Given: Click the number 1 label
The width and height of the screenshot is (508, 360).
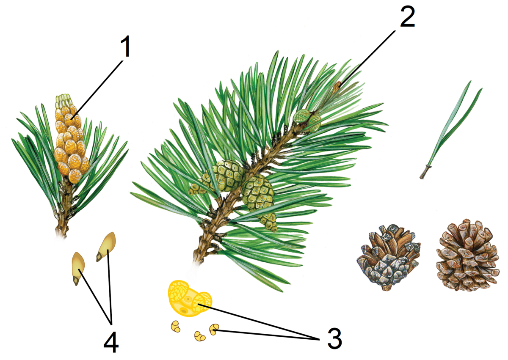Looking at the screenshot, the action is click(x=125, y=47).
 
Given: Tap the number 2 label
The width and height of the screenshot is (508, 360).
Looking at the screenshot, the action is click(x=408, y=16).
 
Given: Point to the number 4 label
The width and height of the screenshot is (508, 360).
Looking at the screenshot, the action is click(x=111, y=342).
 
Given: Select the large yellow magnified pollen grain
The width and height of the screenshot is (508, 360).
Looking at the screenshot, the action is click(x=190, y=298).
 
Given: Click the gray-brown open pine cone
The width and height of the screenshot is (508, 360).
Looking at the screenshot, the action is click(x=388, y=257).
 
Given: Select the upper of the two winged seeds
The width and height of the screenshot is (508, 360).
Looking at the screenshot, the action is click(x=106, y=247).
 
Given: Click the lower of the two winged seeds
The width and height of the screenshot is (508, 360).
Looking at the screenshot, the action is click(x=78, y=268).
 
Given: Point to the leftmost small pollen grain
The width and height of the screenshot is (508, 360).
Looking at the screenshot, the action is click(x=176, y=327).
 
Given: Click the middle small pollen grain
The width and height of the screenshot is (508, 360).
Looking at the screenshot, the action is click(x=200, y=336).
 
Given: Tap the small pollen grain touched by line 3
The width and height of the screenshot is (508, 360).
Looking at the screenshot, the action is click(x=214, y=329).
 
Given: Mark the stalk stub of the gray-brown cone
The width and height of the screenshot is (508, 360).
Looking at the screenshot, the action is click(x=387, y=288).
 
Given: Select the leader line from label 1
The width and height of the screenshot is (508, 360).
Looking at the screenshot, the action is click(x=97, y=90).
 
